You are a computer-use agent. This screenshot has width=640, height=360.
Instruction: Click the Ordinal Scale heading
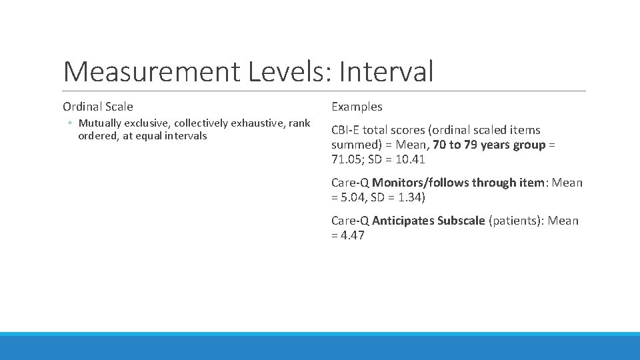pyautogui.click(x=98, y=107)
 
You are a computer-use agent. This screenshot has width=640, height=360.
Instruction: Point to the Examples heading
pyautogui.click(x=357, y=107)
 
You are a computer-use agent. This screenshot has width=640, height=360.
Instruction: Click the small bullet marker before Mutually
pyautogui.click(x=70, y=123)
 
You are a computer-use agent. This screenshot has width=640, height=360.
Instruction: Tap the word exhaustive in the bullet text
pyautogui.click(x=255, y=123)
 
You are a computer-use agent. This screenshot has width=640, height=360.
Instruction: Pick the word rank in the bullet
pyautogui.click(x=299, y=123)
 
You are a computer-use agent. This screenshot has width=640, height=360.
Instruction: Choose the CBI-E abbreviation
pyautogui.click(x=347, y=130)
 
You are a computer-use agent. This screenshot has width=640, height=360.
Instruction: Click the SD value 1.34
pyautogui.click(x=408, y=197)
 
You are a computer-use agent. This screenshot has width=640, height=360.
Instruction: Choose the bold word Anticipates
pyautogui.click(x=403, y=221)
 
